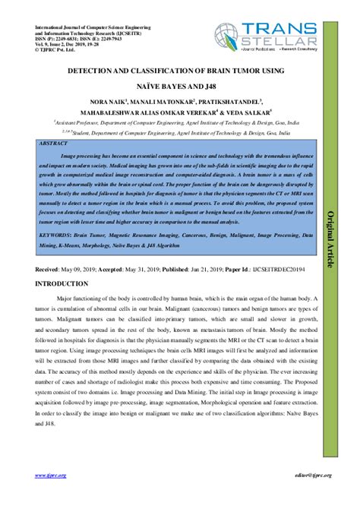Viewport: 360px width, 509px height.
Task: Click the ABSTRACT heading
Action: [62, 142]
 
